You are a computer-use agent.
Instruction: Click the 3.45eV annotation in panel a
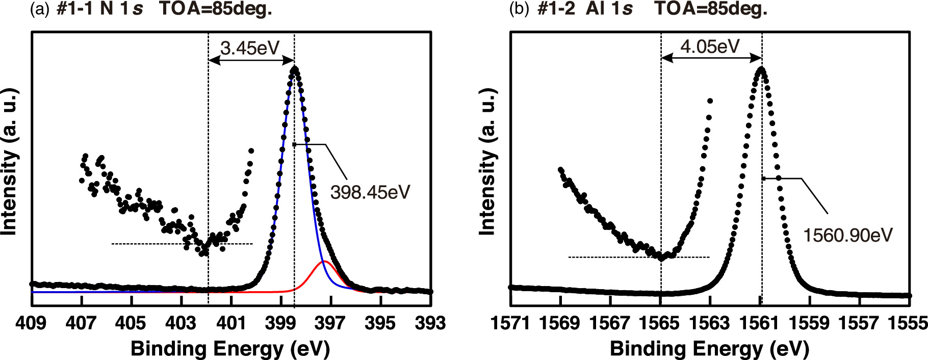coord(250,48)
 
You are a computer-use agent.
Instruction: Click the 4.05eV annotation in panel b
coord(710,46)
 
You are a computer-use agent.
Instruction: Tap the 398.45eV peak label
coord(370,192)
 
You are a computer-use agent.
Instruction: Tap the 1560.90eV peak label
coord(847,235)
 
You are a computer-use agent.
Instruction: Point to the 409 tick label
coord(31,323)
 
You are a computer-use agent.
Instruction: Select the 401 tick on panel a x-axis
coord(231,323)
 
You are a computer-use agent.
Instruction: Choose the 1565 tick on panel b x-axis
coord(660,323)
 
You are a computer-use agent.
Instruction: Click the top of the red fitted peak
coord(323,262)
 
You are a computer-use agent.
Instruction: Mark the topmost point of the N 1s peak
coord(294,68)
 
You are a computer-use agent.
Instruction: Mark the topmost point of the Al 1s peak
coord(761,68)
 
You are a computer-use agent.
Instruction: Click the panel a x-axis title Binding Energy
coord(230,349)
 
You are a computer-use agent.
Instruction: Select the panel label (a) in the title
coord(40,9)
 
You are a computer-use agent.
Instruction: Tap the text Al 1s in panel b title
coord(609,9)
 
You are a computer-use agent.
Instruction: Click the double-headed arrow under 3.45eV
coord(251,60)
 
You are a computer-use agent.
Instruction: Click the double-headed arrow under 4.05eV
coord(711,59)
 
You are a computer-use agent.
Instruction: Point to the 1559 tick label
coord(810,323)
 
